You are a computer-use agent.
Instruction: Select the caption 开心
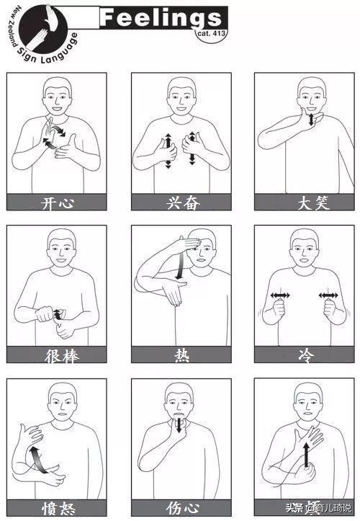coord(56,202)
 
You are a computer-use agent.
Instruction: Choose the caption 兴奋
coord(181,202)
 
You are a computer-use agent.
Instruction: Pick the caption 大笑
coord(303,202)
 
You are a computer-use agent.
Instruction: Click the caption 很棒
coord(56,355)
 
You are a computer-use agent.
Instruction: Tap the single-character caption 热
coord(181,355)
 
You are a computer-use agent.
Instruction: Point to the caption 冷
coord(303,355)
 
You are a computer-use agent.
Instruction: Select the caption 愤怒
coord(56,508)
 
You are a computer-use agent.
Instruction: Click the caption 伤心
coord(181,508)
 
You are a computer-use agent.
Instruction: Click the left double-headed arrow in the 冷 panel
coord(280,295)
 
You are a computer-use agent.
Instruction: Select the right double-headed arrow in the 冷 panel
coord(328,295)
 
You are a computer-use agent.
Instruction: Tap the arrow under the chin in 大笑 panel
coord(311,118)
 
